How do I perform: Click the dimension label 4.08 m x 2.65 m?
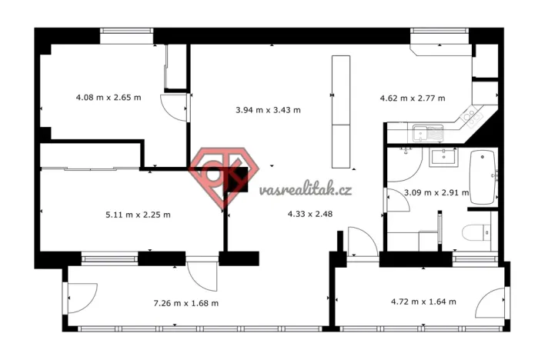109,98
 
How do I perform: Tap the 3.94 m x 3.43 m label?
268,110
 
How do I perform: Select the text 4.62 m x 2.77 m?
413,98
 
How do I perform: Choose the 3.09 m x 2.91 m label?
436,193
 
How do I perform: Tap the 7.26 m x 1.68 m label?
186,303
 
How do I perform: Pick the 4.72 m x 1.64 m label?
423,302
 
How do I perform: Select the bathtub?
483,175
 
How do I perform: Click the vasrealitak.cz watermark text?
306,189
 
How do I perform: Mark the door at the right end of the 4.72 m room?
492,303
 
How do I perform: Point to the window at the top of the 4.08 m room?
127,32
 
